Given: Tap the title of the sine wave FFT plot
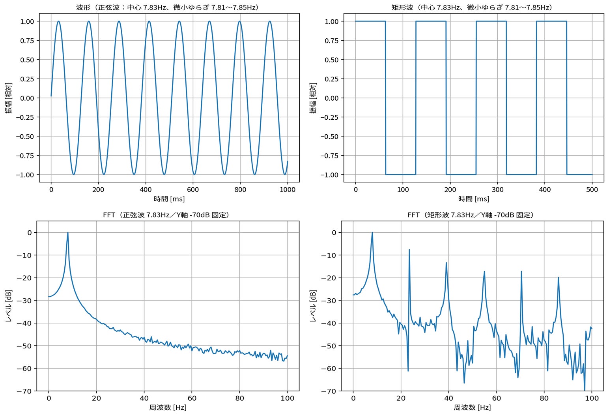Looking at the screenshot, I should (x=167, y=215).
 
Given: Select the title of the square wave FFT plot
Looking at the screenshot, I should (x=472, y=215).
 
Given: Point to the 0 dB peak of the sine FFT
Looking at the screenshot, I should (x=68, y=233).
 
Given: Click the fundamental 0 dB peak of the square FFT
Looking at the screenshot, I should (x=372, y=233).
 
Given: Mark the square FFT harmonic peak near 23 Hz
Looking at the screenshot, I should (x=409, y=250).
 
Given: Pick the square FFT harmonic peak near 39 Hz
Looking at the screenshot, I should (x=446, y=263).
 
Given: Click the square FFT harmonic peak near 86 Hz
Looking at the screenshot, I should (x=559, y=277).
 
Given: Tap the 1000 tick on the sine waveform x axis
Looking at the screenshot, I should (x=288, y=190).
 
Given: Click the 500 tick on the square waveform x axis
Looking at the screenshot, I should (x=592, y=190).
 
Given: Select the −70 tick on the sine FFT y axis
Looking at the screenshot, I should (x=24, y=391).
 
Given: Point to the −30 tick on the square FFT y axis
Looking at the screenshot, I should (x=329, y=301).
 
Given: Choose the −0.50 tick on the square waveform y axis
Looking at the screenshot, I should (x=329, y=136).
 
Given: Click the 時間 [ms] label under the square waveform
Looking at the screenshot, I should (x=473, y=199).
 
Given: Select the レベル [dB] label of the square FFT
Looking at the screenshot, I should (x=313, y=306).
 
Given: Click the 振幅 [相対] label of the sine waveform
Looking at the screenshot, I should (x=9, y=98).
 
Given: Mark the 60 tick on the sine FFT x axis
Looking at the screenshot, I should (x=192, y=398).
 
